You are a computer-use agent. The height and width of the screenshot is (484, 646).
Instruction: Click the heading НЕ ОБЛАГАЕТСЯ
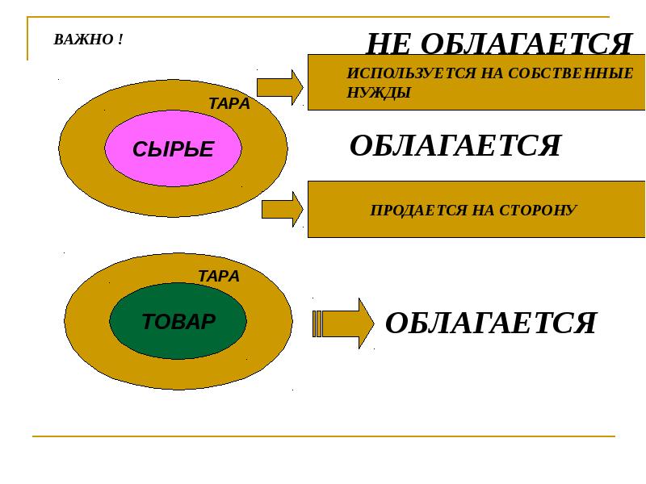click(x=498, y=44)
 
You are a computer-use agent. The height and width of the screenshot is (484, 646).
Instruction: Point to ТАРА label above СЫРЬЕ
click(x=229, y=104)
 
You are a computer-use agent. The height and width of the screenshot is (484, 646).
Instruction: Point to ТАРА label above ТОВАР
click(x=219, y=276)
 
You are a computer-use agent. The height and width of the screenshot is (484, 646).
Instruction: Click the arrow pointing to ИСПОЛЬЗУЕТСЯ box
click(x=279, y=87)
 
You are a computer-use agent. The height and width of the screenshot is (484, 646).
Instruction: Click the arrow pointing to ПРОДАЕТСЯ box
click(x=282, y=210)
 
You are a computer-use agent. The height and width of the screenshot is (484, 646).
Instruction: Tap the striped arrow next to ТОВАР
click(x=343, y=323)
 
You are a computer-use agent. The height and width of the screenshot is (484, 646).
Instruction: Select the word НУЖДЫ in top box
click(x=379, y=93)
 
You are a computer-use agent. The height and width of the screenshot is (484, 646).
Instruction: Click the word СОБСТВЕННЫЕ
click(x=573, y=73)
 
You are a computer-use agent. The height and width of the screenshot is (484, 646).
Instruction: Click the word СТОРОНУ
click(x=536, y=211)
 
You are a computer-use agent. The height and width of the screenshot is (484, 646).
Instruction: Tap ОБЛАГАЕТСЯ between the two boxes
click(x=455, y=146)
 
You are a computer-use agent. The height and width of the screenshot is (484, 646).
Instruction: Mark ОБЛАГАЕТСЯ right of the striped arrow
click(x=490, y=323)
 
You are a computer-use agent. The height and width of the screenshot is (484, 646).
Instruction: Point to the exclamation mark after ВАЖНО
click(x=120, y=40)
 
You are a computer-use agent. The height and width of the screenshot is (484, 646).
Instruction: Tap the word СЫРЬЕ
click(x=173, y=149)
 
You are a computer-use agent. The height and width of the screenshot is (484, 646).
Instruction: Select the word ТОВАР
click(x=178, y=322)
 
